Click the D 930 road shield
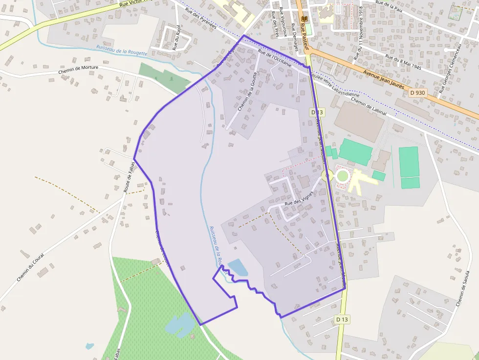(x=418, y=92)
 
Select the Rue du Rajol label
(x=176, y=38)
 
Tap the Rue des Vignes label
(x=299, y=199)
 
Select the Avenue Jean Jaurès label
(x=384, y=79)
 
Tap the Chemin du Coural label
(x=30, y=267)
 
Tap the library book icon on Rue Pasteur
(x=305, y=19)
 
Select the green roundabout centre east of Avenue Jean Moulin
(x=343, y=175)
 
